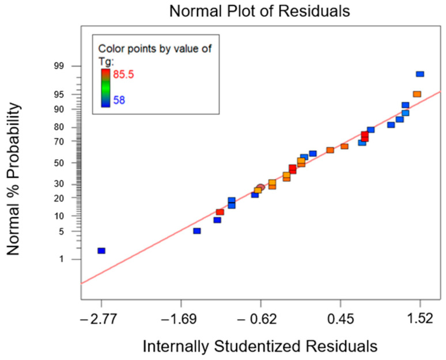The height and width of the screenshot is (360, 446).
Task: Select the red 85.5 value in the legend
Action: [123, 74]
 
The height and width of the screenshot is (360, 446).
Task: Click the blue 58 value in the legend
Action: [119, 100]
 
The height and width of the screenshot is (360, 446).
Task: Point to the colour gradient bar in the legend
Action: [105, 88]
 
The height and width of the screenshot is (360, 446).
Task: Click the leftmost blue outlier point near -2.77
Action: [101, 251]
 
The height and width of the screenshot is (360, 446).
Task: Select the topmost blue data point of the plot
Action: [420, 74]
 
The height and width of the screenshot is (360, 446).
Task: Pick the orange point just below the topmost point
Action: [417, 94]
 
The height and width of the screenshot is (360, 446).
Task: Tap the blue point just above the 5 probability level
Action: [196, 230]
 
